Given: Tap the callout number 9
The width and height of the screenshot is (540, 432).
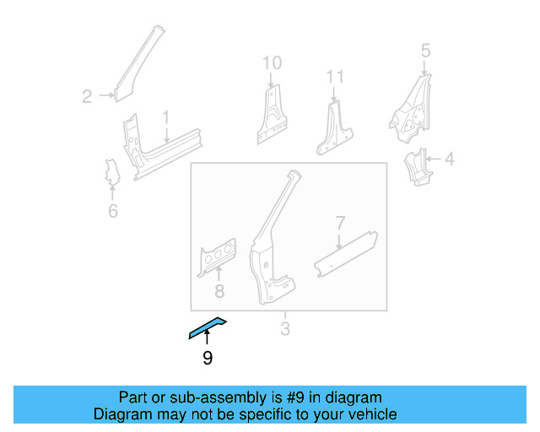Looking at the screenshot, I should [x=208, y=359].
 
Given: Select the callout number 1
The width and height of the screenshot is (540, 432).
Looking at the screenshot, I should [x=166, y=116].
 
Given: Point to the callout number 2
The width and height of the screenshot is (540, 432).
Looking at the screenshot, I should [x=87, y=96].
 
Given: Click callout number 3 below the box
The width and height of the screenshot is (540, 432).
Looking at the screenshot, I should [x=285, y=329].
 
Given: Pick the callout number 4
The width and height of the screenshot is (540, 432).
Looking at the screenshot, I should [x=449, y=158].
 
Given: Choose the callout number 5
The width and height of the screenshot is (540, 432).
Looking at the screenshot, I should [x=425, y=50].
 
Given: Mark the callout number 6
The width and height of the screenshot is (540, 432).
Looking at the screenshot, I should [x=113, y=210].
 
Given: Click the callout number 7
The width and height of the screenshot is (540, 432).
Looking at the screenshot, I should [x=340, y=224].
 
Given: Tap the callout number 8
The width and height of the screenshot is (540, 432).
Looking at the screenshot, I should [x=219, y=293].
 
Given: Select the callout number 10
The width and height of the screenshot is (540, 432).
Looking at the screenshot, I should [x=271, y=62].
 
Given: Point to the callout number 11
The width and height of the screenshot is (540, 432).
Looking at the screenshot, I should [x=336, y=78].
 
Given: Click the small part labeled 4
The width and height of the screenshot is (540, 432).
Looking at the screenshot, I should [x=417, y=167].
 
